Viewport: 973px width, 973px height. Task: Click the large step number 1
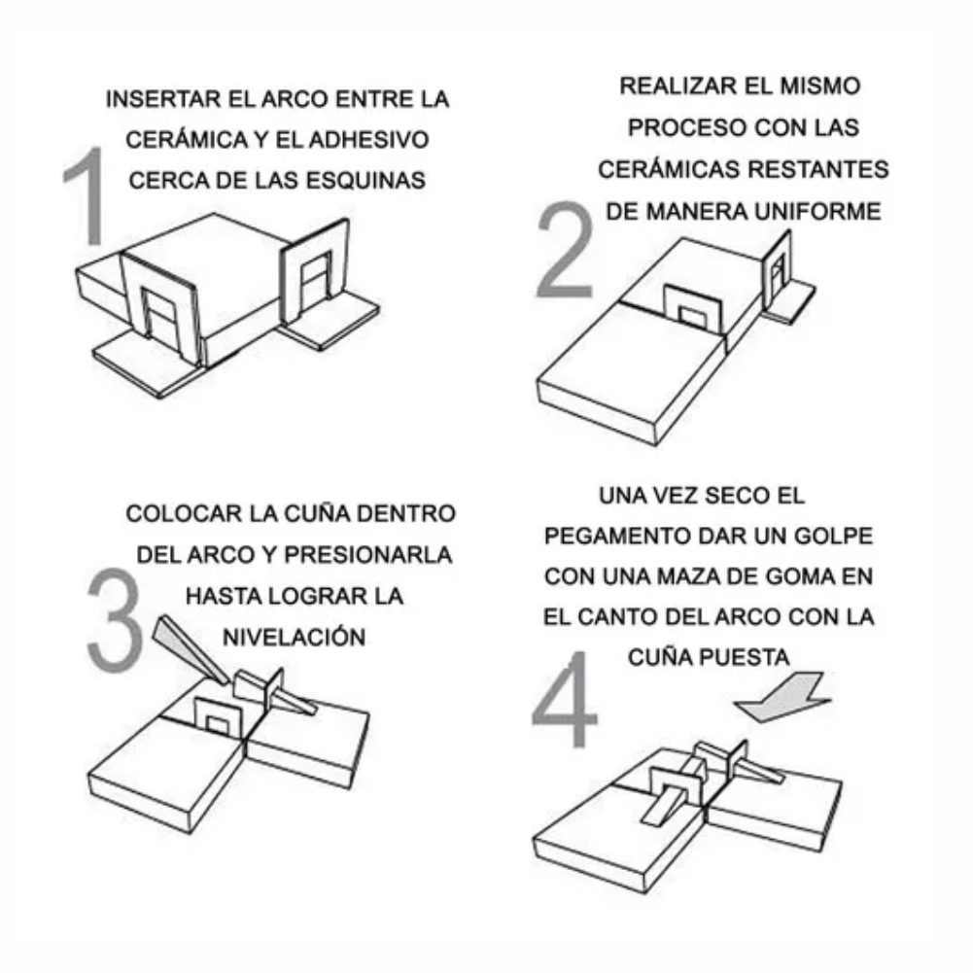(x=87, y=195)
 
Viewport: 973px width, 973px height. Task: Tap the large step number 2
(x=565, y=250)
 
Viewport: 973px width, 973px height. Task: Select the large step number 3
(x=115, y=619)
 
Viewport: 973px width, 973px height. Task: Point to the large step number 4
(x=565, y=698)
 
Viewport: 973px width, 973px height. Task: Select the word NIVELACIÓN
(x=295, y=637)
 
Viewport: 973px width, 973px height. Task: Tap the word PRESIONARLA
(x=368, y=555)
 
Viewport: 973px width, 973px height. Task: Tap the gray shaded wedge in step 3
(x=190, y=649)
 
